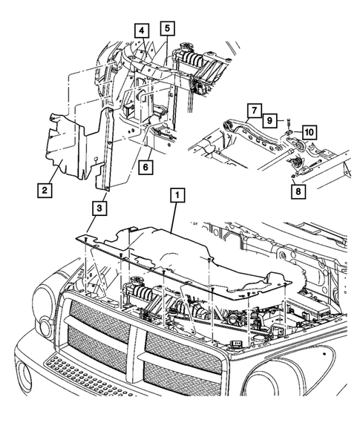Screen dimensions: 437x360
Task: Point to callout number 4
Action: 140,30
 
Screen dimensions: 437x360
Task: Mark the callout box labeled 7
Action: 253,111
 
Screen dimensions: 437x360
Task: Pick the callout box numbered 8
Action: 298,189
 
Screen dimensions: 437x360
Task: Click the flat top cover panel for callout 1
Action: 186,260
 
